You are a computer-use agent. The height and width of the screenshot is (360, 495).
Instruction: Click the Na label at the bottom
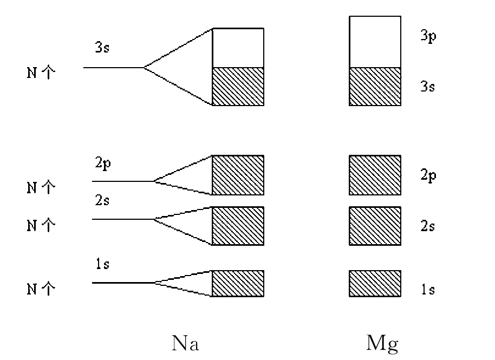tap(185, 343)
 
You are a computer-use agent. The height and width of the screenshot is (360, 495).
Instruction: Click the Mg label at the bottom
tap(383, 343)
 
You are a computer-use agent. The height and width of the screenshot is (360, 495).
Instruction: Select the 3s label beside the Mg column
tap(427, 86)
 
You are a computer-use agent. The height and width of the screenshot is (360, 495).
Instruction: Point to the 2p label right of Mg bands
tap(427, 176)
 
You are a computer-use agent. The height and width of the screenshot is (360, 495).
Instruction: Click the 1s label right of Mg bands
tap(427, 290)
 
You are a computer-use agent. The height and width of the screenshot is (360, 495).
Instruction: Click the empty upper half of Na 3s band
tap(238, 48)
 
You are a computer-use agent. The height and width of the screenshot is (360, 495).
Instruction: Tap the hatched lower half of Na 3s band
tap(238, 86)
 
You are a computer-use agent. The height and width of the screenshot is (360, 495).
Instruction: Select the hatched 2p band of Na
tap(238, 175)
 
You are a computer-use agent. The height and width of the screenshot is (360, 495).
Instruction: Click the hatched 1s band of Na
tap(238, 283)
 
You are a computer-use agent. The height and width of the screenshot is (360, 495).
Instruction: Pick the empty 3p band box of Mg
tap(375, 42)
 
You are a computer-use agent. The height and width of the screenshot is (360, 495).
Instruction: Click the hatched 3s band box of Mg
tap(375, 86)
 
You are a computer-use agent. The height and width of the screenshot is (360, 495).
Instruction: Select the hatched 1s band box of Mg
tap(375, 283)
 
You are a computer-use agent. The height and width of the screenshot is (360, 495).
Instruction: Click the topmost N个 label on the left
tap(41, 73)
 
